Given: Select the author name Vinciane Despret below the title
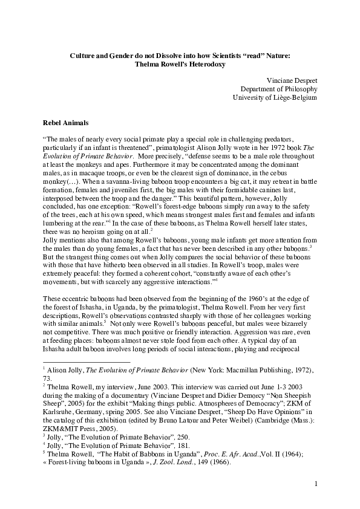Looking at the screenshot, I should (x=292, y=80).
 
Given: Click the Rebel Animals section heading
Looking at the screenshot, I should (x=68, y=122).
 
